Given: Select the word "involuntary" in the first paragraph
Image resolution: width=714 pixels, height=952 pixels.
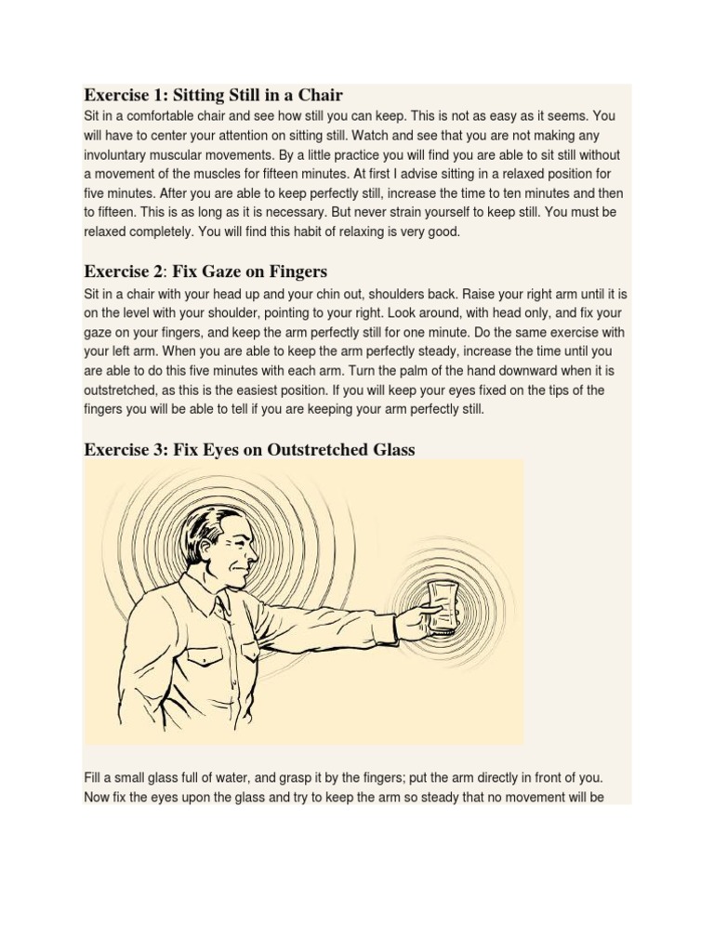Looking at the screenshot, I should [x=119, y=155].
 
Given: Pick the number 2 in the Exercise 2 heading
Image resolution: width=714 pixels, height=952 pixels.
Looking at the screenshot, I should [x=157, y=271].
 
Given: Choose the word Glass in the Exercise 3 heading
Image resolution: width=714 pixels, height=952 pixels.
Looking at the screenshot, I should [x=390, y=449].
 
